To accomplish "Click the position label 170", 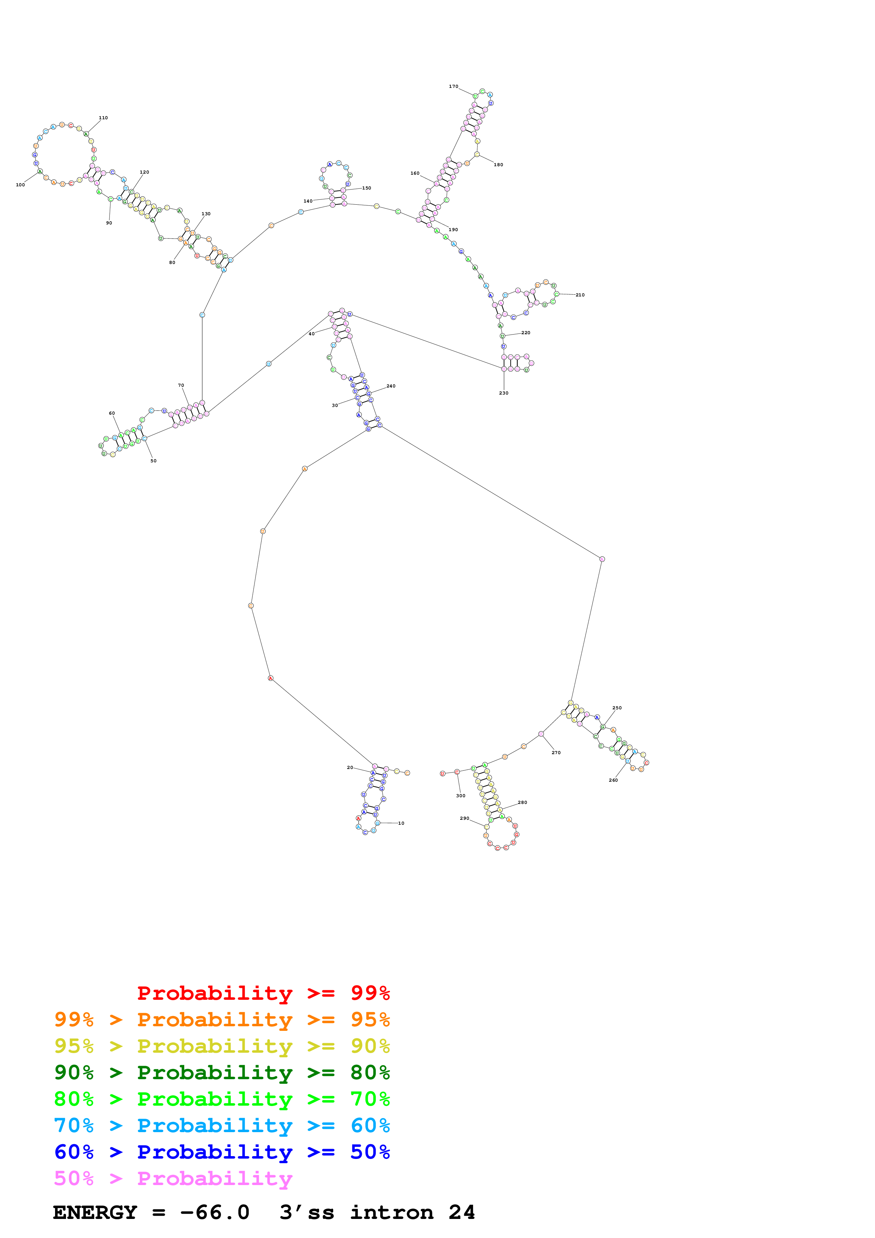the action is click(x=454, y=86).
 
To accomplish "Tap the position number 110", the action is click(x=103, y=118).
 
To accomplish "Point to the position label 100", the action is click(x=20, y=185).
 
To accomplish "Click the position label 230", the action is click(x=504, y=393).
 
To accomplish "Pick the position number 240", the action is click(x=391, y=386).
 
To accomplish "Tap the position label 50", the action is click(x=153, y=461).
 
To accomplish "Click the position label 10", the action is click(x=401, y=823).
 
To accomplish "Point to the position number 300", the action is click(x=460, y=796).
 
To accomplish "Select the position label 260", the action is click(x=613, y=780).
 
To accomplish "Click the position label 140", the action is click(x=307, y=201).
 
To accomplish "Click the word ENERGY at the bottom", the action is click(x=95, y=1213).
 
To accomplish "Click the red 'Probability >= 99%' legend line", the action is click(x=263, y=993).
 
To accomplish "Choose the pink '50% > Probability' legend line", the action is click(x=173, y=1179).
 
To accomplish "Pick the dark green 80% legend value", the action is click(x=370, y=1072).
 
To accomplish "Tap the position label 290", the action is click(x=464, y=818).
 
